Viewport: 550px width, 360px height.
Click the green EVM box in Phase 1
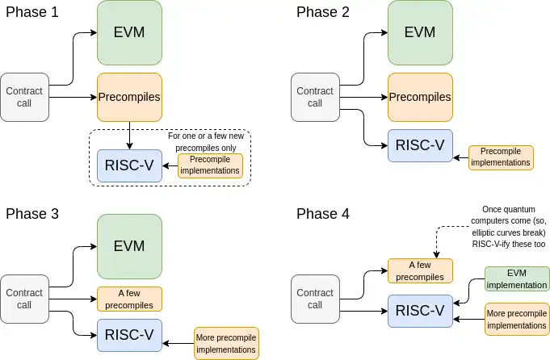[x=129, y=32]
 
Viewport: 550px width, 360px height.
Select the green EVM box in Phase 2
[x=419, y=32]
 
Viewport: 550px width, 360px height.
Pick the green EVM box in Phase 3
[x=129, y=245]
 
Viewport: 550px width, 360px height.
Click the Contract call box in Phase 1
[x=24, y=97]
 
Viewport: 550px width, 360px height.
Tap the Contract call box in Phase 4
[x=315, y=299]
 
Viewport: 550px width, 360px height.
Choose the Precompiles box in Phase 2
[x=419, y=97]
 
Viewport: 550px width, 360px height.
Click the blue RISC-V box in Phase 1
[x=129, y=167]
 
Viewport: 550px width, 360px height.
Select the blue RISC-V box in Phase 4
[x=419, y=310]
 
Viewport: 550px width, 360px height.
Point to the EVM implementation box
[x=517, y=278]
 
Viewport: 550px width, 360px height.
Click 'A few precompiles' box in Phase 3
[x=129, y=299]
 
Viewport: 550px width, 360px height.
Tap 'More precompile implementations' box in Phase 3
[x=226, y=343]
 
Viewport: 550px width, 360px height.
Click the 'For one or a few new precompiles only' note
[x=207, y=142]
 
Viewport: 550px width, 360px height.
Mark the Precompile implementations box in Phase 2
[x=501, y=157]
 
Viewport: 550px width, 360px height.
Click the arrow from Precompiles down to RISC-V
[x=130, y=135]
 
